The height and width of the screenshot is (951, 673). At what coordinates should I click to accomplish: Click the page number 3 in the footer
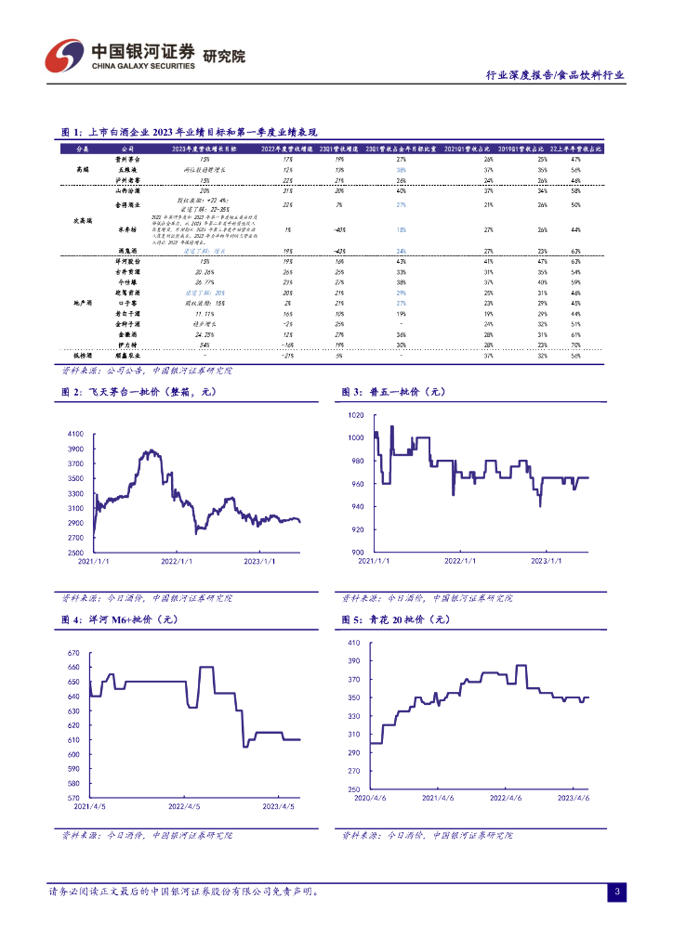(x=616, y=892)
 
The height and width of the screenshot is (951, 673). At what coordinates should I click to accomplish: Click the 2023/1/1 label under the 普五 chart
(x=548, y=561)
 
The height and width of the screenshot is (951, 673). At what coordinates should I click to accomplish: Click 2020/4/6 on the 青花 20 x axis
(x=371, y=798)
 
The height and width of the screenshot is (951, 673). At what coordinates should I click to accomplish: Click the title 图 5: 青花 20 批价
(x=396, y=619)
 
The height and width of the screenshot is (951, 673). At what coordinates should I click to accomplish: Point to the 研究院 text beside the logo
(x=224, y=57)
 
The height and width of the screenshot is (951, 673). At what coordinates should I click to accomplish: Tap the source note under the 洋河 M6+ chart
(x=147, y=835)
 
